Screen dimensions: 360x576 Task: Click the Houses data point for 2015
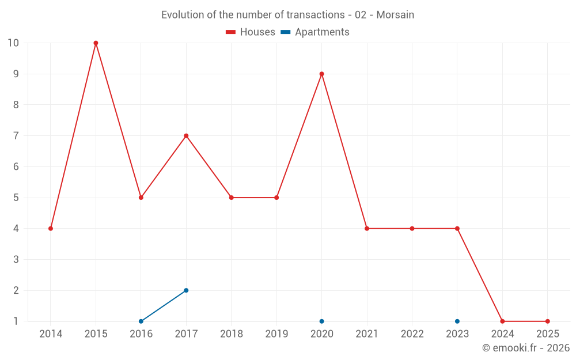click(96, 43)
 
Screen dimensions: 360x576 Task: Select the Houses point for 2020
click(321, 74)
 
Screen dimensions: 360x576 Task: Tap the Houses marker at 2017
click(186, 136)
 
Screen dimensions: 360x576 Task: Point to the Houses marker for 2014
click(51, 229)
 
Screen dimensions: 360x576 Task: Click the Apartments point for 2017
click(186, 290)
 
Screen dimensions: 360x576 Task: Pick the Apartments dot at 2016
click(141, 321)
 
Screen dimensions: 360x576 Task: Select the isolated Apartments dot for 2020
click(321, 321)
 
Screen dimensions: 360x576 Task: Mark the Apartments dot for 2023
click(457, 321)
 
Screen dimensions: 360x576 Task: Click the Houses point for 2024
click(502, 321)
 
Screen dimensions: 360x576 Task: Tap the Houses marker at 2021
click(367, 229)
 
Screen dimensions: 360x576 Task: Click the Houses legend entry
click(251, 32)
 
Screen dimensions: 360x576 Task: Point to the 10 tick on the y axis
click(13, 43)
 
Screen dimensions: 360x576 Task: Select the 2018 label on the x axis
click(232, 334)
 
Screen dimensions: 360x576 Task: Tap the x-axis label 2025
click(547, 334)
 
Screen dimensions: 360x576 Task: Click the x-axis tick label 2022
click(412, 334)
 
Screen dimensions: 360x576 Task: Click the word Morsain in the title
click(395, 15)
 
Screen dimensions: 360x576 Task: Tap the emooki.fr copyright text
click(526, 348)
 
